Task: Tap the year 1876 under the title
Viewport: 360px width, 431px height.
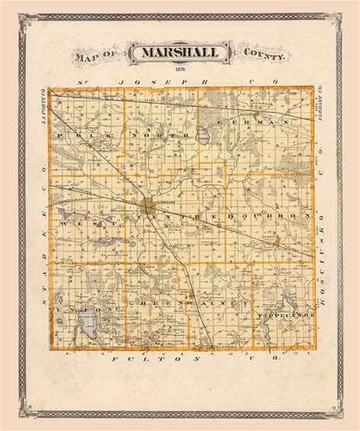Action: click(x=179, y=71)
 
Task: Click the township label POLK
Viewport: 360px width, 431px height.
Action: click(x=86, y=134)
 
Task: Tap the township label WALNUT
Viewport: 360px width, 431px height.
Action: click(x=214, y=303)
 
